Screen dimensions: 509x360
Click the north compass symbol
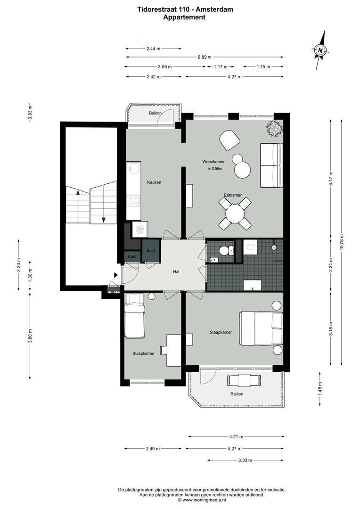coord(320,49)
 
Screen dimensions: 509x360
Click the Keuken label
coord(155,182)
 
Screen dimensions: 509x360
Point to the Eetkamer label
coord(233,195)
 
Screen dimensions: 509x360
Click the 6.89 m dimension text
coord(204,57)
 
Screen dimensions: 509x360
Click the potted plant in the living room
coord(274,128)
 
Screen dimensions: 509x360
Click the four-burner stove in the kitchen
coord(133,201)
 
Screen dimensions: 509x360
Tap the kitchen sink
coord(132,168)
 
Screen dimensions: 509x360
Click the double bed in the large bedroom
coord(262,328)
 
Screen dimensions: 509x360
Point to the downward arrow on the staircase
coord(103,220)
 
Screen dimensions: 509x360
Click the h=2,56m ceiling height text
coord(214,168)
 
